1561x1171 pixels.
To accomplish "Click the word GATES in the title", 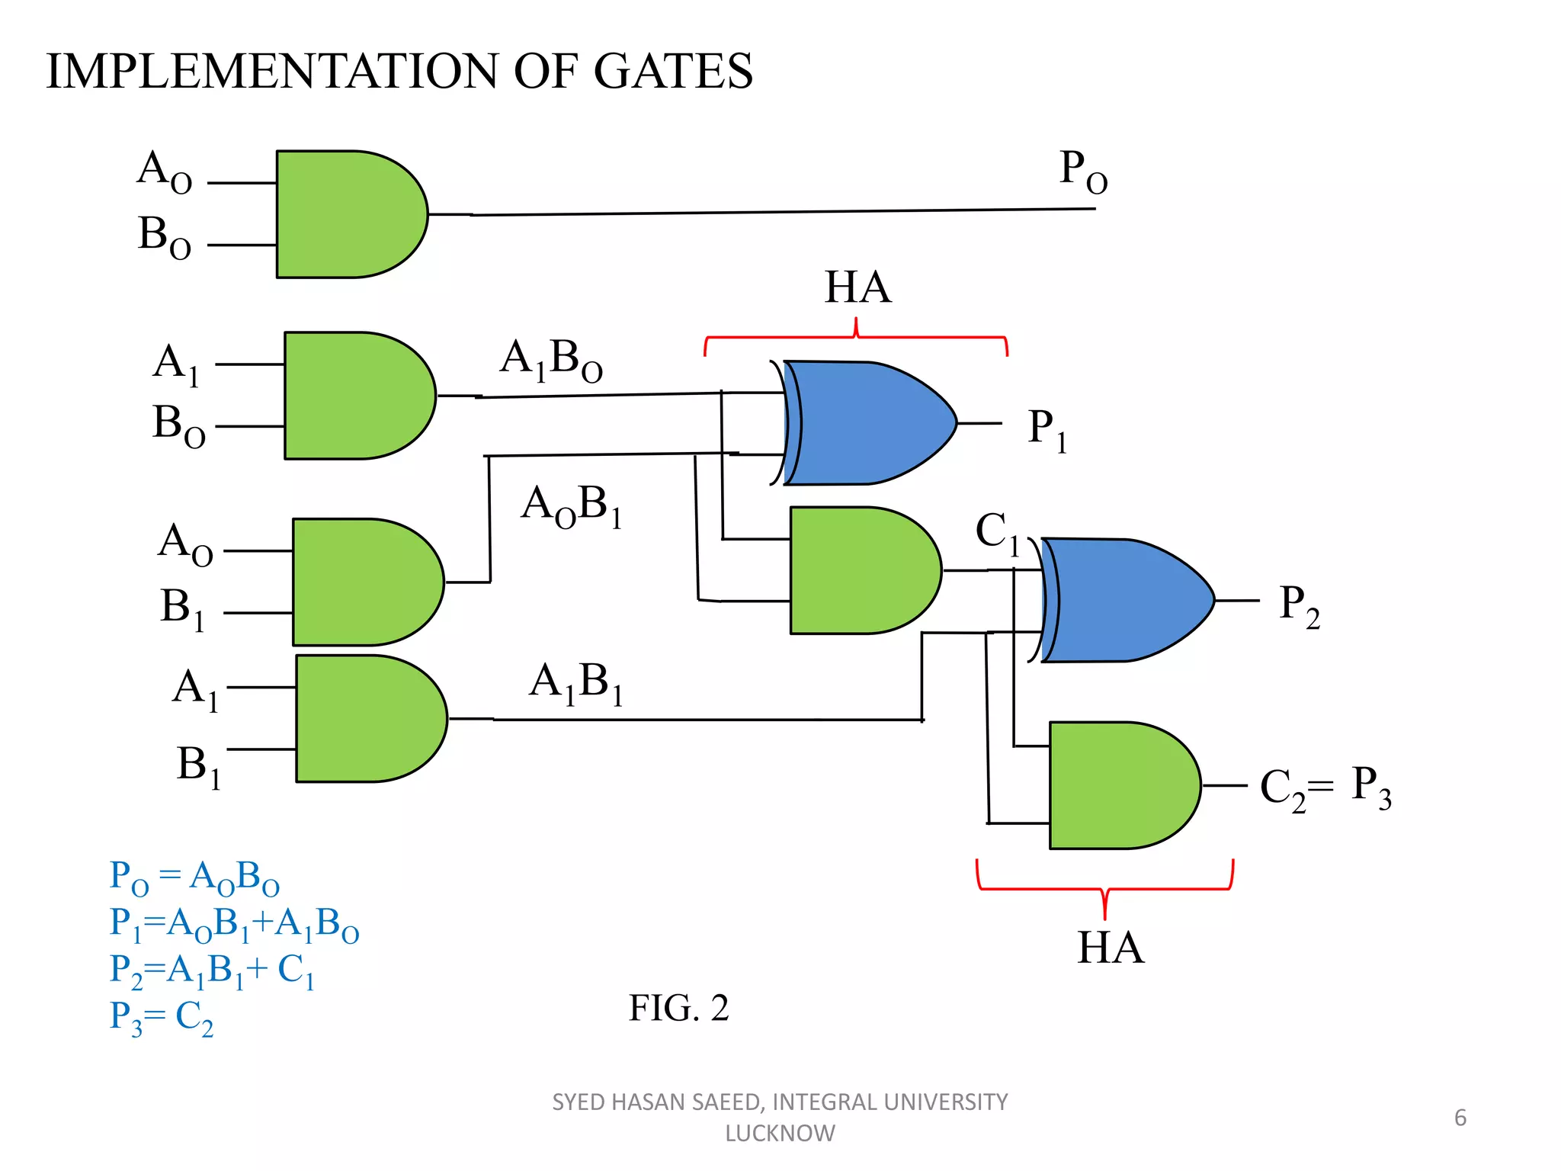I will (672, 72).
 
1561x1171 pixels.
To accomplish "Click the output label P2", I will (1299, 606).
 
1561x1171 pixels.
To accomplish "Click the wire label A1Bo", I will (550, 359).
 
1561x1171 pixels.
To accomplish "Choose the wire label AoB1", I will (571, 505).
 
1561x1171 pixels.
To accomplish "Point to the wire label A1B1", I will (575, 682).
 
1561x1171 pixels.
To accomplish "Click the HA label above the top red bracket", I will (857, 287).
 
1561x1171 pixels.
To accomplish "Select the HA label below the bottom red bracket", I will (1110, 948).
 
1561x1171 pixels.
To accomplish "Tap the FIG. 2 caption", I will (678, 1008).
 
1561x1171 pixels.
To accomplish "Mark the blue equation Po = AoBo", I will (194, 877).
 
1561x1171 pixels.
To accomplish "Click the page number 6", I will (1460, 1118).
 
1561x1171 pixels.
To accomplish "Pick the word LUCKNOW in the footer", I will (780, 1134).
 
